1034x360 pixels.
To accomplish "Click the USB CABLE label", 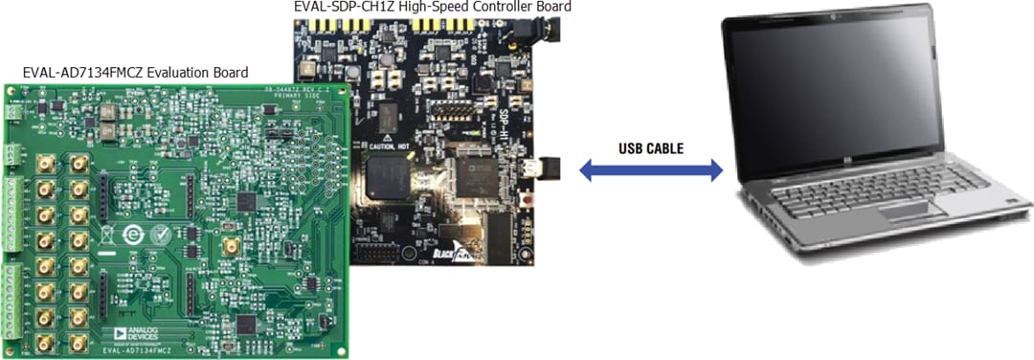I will [x=652, y=148].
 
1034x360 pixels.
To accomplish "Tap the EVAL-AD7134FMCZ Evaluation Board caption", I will [x=135, y=73].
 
